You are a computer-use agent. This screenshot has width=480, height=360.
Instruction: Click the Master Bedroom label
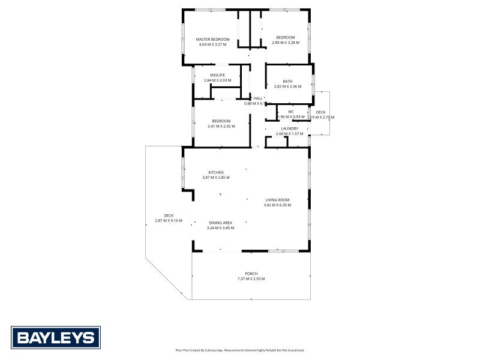(212, 39)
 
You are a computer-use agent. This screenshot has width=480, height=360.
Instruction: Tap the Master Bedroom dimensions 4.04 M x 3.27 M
(212, 44)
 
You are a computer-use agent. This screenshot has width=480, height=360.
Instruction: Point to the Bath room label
(288, 81)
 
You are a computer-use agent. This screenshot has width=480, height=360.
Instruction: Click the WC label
(291, 111)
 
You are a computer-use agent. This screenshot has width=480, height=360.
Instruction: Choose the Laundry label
(290, 128)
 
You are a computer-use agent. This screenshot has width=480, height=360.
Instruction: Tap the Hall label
(258, 98)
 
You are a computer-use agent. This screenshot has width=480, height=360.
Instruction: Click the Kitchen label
(216, 172)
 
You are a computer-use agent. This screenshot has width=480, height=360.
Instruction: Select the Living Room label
(278, 200)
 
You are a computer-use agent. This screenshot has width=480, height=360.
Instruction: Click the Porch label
(251, 274)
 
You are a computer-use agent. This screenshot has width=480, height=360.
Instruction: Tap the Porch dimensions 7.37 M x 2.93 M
(251, 278)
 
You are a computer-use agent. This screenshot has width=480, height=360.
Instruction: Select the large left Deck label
(169, 216)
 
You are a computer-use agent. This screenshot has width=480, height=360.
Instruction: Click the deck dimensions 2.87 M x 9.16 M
(169, 221)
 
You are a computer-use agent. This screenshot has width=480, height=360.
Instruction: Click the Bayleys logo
(56, 337)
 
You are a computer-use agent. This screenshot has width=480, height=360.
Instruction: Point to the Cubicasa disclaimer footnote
(239, 350)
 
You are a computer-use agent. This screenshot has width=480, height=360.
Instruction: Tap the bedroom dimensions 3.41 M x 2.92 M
(221, 126)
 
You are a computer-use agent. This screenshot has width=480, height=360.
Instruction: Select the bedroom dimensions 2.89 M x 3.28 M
(286, 43)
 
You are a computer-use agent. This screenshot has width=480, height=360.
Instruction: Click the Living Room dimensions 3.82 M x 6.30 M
(277, 205)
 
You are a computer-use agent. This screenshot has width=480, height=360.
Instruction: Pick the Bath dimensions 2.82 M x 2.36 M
(288, 86)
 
